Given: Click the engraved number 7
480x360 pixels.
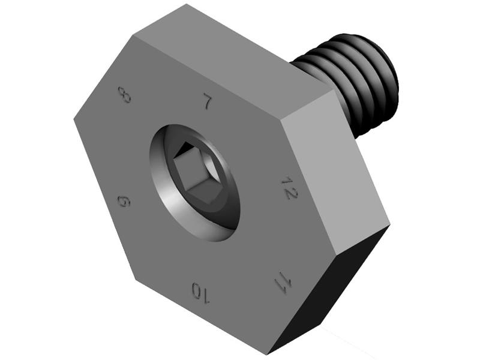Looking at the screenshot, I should [x=207, y=102].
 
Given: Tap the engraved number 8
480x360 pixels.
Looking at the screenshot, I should [x=125, y=94].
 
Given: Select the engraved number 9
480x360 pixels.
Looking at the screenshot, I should [x=124, y=201].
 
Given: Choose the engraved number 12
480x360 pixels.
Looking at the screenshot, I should [x=290, y=188].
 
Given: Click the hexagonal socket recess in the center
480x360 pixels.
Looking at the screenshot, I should [x=194, y=174].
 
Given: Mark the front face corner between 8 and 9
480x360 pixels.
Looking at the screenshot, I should [x=74, y=118].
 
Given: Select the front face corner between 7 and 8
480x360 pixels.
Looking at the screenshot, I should [x=133, y=36].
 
